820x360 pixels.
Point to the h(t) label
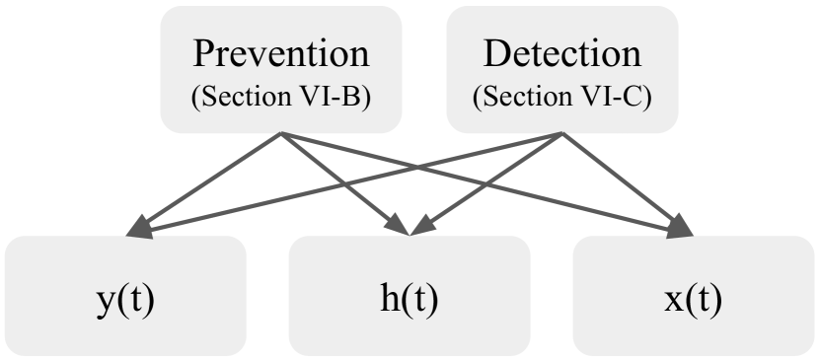(409, 296)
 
